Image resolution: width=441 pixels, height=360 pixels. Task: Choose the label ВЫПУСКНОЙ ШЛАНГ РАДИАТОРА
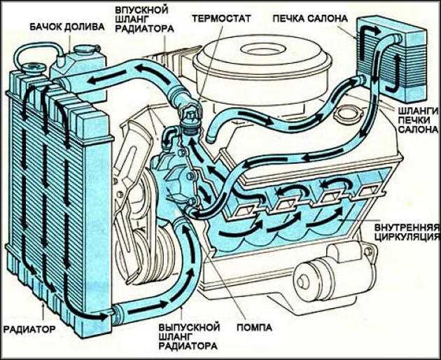189,336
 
